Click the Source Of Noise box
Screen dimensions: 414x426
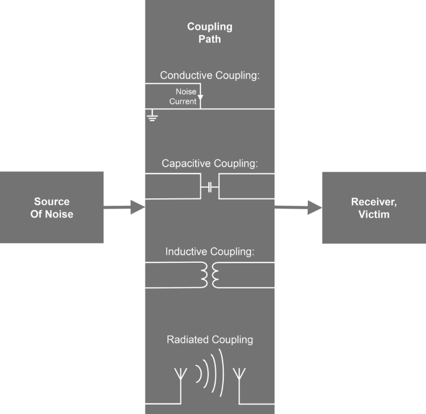click(52, 207)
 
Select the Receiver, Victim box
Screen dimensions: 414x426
click(374, 207)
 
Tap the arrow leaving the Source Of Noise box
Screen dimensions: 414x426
click(124, 208)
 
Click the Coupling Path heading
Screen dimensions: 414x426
click(210, 33)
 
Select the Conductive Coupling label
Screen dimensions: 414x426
click(210, 76)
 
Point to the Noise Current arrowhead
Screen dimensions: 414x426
click(200, 96)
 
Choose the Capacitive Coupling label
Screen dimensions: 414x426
click(210, 164)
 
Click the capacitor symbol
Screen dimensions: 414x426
click(210, 186)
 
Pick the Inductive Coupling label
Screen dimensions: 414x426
click(210, 252)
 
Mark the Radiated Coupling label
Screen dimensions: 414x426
click(210, 340)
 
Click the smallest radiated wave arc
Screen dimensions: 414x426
click(199, 372)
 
